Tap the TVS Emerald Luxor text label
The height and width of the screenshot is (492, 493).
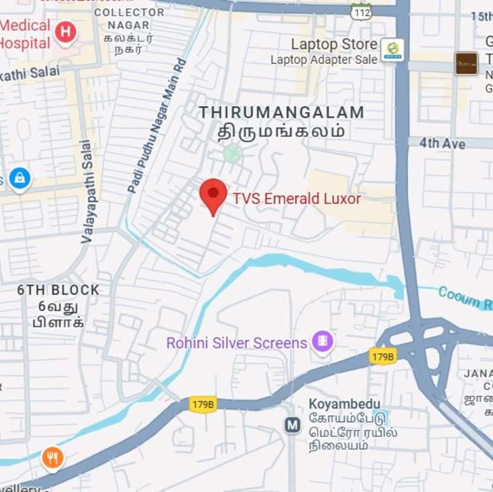point(297,199)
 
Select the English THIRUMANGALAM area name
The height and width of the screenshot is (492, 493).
point(281,113)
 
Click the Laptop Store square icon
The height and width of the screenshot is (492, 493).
point(392,50)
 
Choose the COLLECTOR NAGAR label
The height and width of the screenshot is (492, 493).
point(130,19)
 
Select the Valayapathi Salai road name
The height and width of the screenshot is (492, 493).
point(87,191)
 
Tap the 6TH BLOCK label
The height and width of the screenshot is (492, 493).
point(58,290)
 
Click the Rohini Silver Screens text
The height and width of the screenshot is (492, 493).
point(237,343)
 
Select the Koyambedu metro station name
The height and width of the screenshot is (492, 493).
point(344,404)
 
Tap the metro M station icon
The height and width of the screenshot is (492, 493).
point(293,425)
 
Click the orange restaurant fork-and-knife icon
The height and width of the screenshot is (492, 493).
point(53,459)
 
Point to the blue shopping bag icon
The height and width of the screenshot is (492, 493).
point(19,179)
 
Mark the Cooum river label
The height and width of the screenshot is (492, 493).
point(465,297)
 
